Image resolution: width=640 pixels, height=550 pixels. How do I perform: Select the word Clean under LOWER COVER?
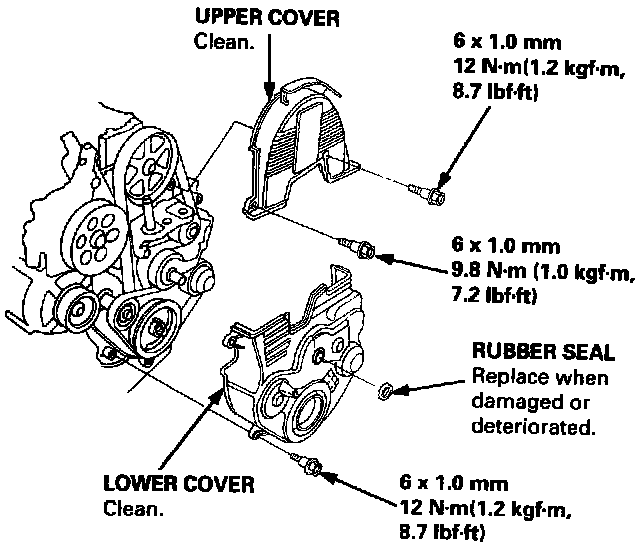[x=133, y=508]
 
